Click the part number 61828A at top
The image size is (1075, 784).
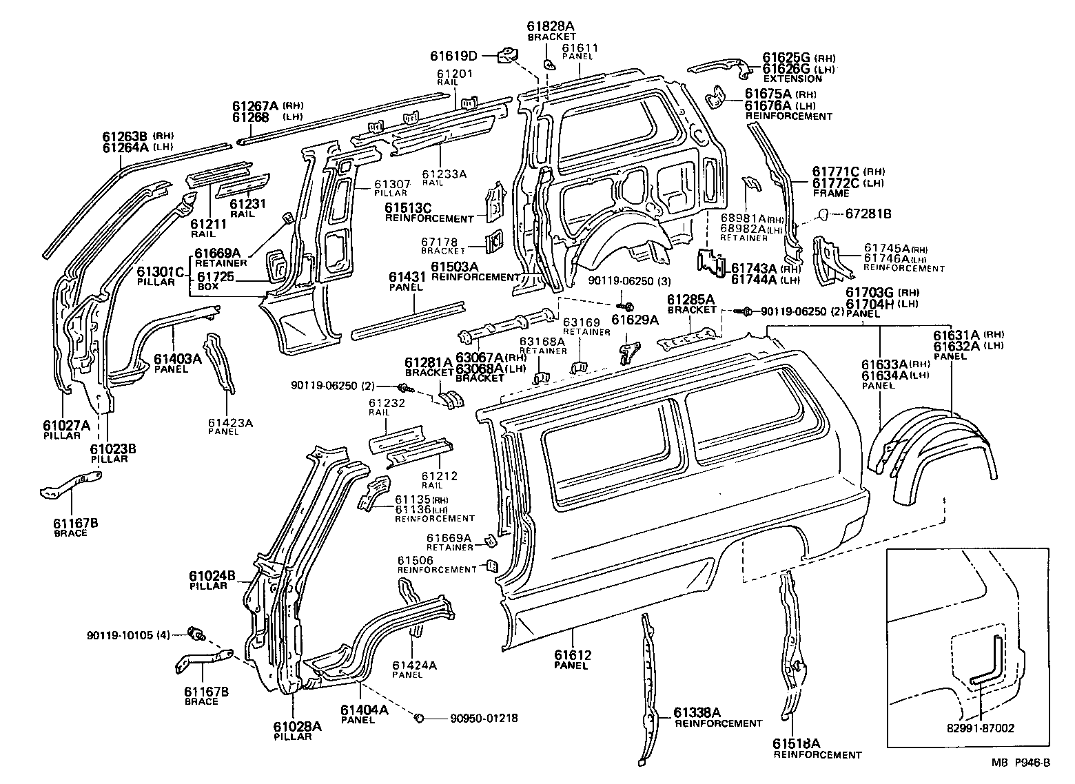(x=551, y=27)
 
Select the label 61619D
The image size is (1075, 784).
(x=454, y=56)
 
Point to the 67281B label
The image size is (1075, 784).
(x=868, y=214)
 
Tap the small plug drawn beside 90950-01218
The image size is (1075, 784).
(x=418, y=719)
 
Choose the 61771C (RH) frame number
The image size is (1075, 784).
(x=838, y=172)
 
